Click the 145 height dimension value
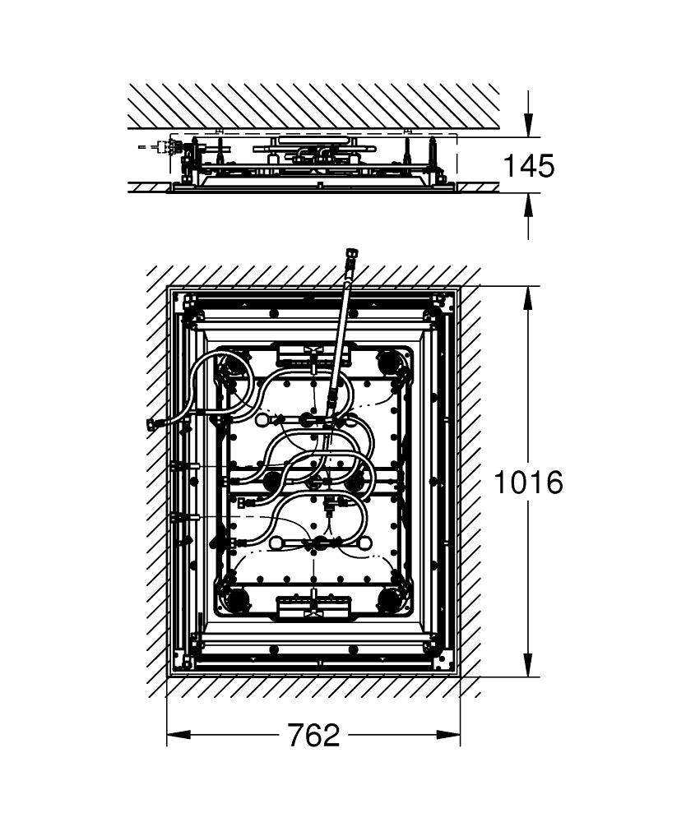[x=528, y=166]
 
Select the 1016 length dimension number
[x=528, y=483]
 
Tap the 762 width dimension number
[x=313, y=736]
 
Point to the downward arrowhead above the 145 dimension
[x=529, y=126]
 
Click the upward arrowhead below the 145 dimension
[x=529, y=205]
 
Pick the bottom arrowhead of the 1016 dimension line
[x=529, y=665]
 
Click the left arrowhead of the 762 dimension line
[x=178, y=735]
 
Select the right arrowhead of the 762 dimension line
[x=448, y=735]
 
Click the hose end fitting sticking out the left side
[x=154, y=424]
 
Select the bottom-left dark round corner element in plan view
[x=237, y=599]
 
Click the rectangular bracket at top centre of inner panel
[x=313, y=353]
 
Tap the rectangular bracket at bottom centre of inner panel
[x=313, y=606]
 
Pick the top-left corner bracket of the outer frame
[x=186, y=303]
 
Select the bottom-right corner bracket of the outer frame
[x=443, y=661]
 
